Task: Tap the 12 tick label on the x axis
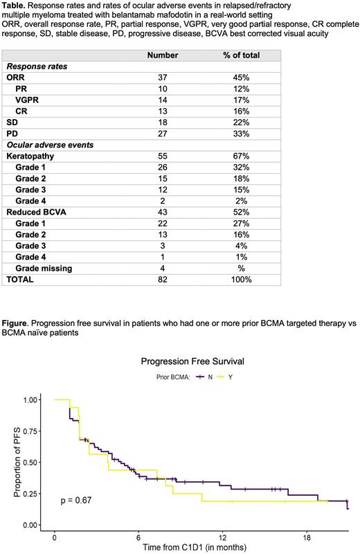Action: pyautogui.click(x=222, y=537)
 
